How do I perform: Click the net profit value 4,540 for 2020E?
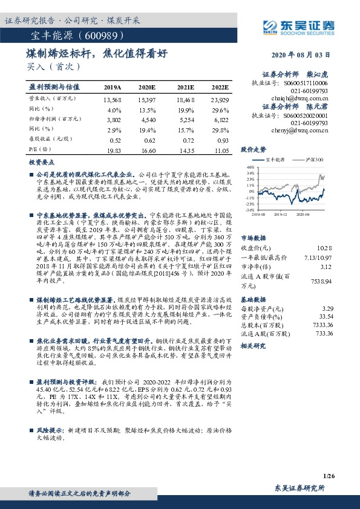pos(148,120)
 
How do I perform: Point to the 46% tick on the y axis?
pos(249,167)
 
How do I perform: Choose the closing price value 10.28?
pos(325,247)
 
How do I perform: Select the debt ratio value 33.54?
pos(326,316)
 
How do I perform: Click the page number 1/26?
pos(329,476)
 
